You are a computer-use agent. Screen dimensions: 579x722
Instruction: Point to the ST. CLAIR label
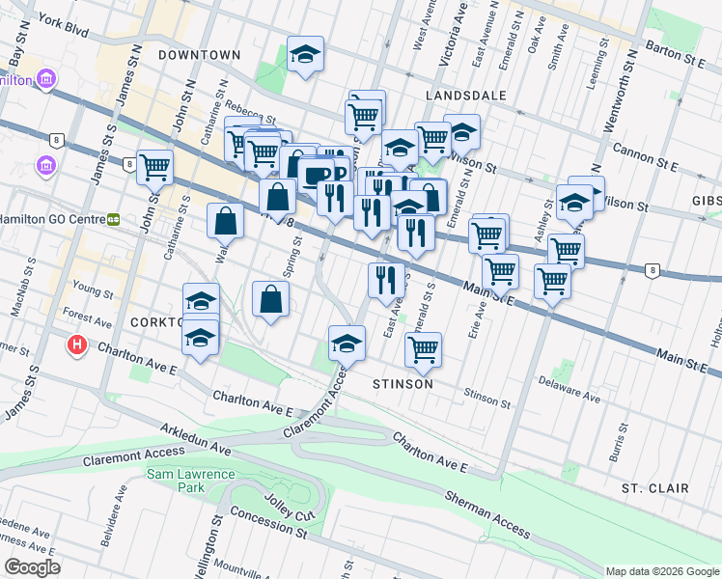click(x=654, y=488)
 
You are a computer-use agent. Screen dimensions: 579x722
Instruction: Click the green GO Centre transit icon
click(x=113, y=219)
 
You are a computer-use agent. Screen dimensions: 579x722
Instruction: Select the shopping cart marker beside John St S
click(x=154, y=167)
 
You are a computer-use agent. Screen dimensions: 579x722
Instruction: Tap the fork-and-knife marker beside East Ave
click(x=386, y=280)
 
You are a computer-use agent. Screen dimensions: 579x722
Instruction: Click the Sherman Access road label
click(x=487, y=513)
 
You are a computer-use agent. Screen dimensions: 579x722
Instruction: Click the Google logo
click(x=32, y=567)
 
